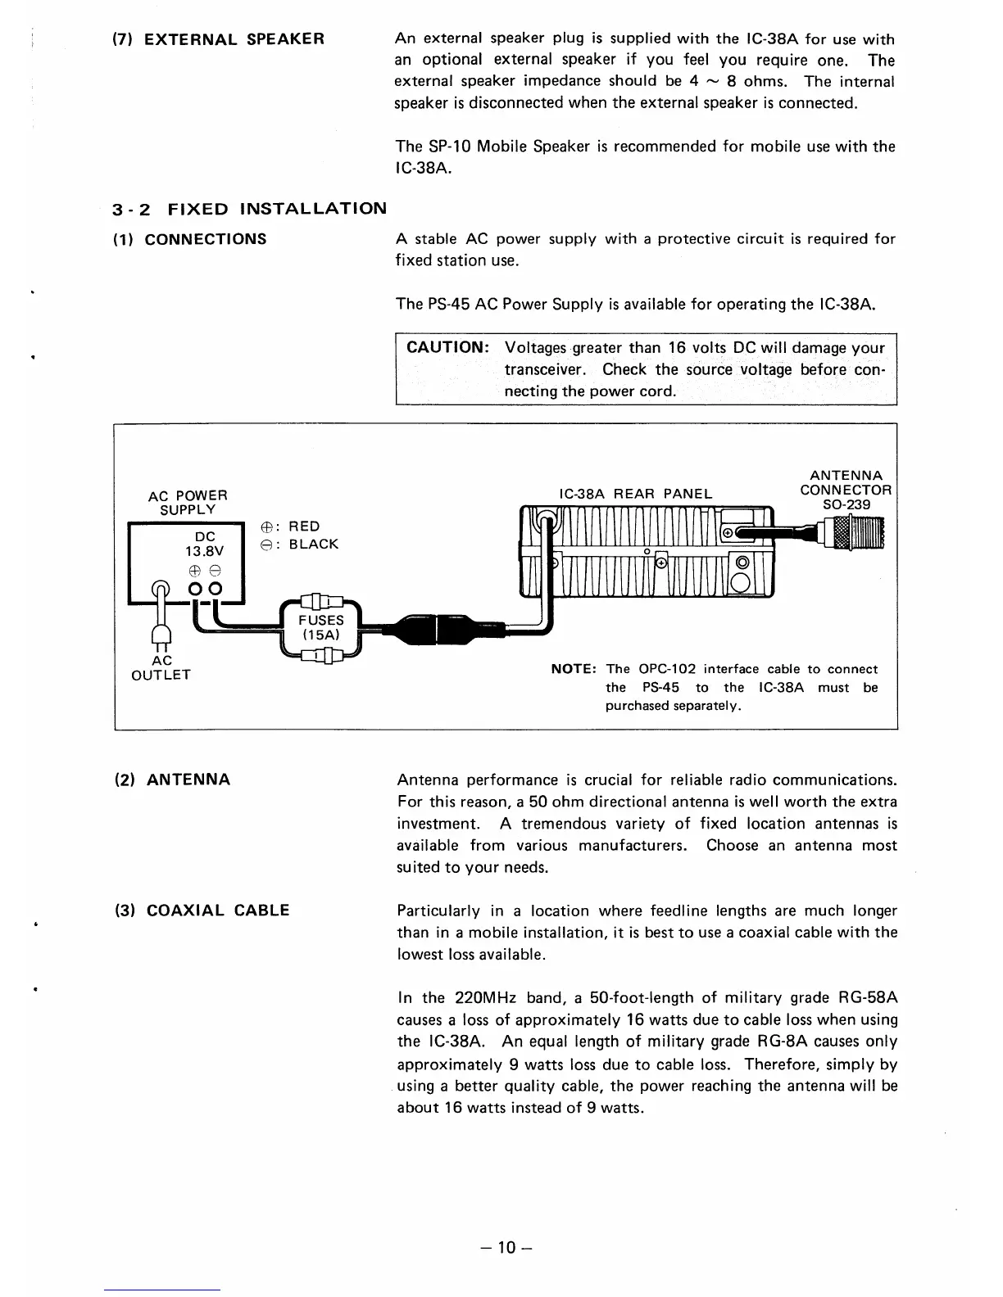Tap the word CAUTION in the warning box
point(447,347)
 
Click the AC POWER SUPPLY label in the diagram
point(188,502)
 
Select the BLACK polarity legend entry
point(304,545)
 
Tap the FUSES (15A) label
point(320,627)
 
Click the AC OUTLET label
point(161,667)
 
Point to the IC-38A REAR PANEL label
point(635,494)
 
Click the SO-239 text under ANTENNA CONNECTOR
point(846,504)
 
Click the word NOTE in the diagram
point(574,669)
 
